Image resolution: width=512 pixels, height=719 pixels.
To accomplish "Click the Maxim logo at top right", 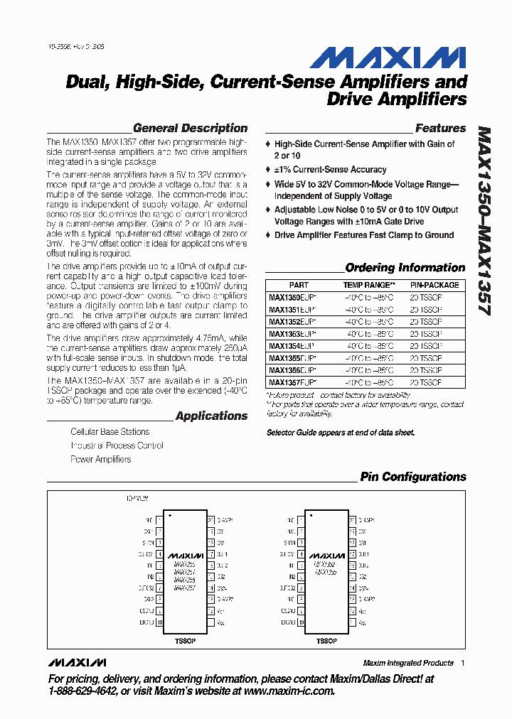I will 388,58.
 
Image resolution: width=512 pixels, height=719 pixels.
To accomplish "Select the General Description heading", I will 190,129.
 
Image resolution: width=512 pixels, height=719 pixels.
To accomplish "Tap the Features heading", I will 440,129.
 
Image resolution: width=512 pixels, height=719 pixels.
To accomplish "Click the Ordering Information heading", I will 405,268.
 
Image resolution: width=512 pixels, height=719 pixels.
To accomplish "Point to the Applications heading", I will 211,416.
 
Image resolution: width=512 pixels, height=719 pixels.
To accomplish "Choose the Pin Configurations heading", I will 412,477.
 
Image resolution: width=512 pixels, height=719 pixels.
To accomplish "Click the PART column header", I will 299,285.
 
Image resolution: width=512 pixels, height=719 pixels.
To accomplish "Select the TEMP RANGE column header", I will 364,285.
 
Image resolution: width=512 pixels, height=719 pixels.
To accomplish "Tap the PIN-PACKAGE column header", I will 434,285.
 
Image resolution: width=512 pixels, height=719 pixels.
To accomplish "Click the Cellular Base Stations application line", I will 110,432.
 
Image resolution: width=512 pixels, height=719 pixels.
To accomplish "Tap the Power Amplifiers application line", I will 100,460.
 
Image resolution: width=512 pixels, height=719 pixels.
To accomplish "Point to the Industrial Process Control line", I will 117,446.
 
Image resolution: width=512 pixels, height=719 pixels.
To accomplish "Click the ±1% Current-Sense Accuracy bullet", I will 330,170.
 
